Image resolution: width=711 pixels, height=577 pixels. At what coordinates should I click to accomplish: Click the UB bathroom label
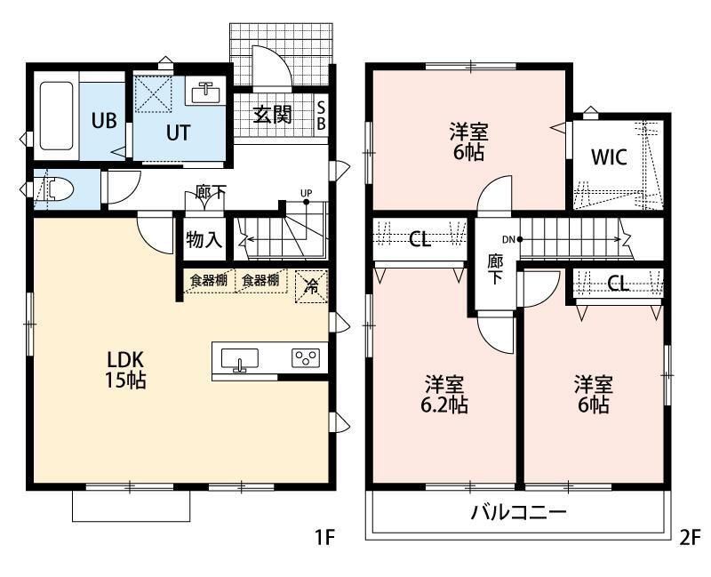tap(104, 122)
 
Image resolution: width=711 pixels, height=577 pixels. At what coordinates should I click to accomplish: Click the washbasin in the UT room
tap(207, 91)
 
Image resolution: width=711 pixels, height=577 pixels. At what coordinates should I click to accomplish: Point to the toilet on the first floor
tap(54, 189)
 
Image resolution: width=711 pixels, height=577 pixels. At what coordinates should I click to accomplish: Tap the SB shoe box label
tap(322, 115)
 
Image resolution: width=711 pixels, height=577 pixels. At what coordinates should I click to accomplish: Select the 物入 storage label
tap(204, 240)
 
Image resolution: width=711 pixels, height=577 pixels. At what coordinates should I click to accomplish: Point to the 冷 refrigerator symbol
tap(311, 286)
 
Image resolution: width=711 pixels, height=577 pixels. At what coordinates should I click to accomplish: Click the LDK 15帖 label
tap(126, 371)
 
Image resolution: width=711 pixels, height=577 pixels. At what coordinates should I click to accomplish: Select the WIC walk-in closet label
tap(611, 157)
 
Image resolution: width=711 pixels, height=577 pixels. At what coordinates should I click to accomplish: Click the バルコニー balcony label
tap(518, 514)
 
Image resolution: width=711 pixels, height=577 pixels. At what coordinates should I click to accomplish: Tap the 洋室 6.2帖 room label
tap(445, 395)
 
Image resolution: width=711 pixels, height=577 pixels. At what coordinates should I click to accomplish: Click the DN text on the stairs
tap(507, 239)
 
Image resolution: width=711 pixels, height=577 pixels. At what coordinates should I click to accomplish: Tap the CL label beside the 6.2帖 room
tap(419, 240)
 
